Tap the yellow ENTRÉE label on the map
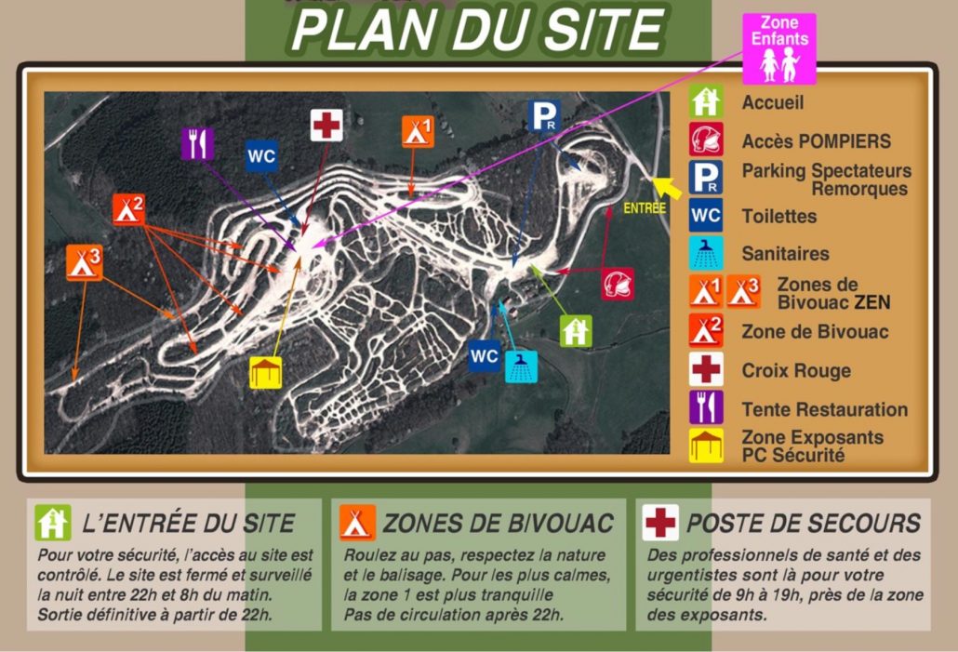click(645, 208)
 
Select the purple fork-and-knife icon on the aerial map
click(197, 144)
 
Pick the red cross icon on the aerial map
click(326, 125)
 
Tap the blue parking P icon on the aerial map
click(543, 116)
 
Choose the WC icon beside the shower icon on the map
click(485, 355)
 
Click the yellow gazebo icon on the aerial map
click(265, 372)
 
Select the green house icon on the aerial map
click(576, 330)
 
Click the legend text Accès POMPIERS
click(816, 141)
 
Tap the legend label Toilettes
click(778, 216)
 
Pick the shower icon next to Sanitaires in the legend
click(706, 253)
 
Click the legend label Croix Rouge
click(796, 370)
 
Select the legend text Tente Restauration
click(824, 409)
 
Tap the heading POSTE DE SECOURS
click(803, 523)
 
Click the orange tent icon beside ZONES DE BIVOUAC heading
click(357, 523)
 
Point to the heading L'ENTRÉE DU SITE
click(189, 523)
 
